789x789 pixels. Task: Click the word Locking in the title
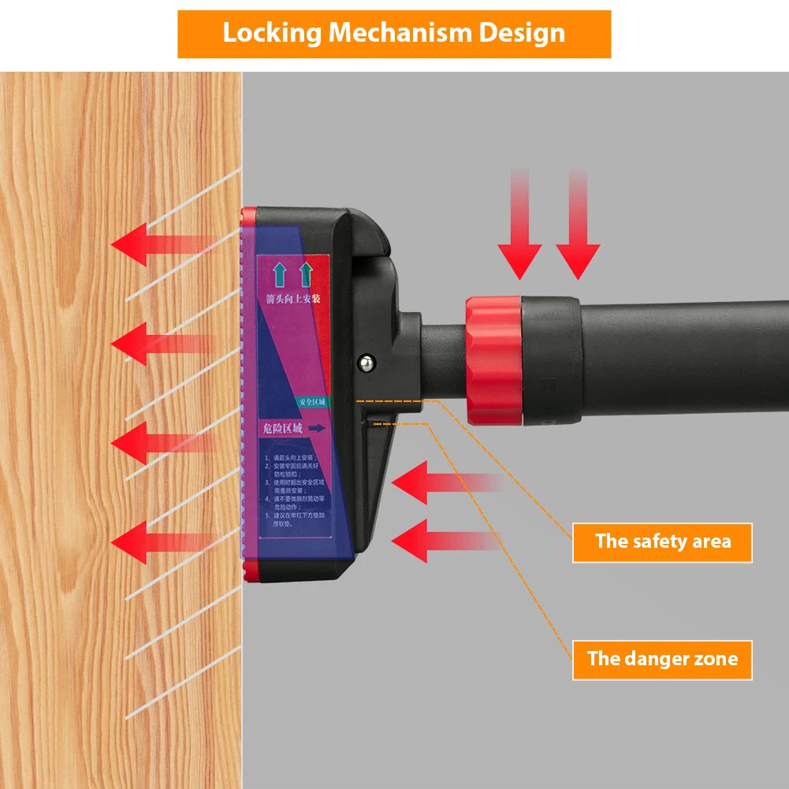[x=271, y=33]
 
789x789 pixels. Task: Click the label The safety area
[x=662, y=542]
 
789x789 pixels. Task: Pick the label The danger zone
[x=662, y=659]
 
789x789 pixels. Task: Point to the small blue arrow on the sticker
[x=317, y=428]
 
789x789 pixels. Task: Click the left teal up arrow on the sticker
[x=278, y=274]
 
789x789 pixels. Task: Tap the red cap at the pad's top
[x=249, y=214]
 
